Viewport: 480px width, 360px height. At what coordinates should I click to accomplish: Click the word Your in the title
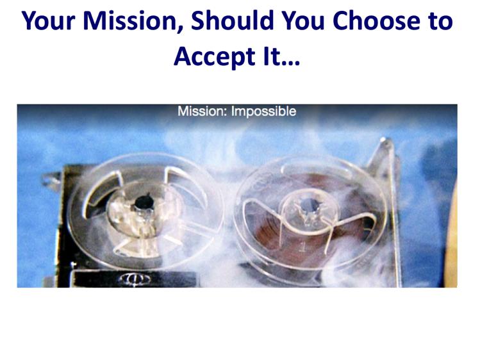coord(48,20)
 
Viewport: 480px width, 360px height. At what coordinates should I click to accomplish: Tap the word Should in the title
coord(232,20)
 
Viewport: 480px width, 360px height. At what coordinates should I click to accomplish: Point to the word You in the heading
coord(302,20)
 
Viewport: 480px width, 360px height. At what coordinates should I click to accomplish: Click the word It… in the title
coord(281,56)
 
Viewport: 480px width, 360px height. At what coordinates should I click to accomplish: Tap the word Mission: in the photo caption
coord(203,111)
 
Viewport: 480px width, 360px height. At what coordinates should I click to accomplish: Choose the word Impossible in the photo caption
coord(263,111)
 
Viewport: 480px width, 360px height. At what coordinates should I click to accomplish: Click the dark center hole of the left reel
coord(144,202)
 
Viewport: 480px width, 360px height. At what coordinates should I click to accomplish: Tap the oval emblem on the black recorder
coord(135,279)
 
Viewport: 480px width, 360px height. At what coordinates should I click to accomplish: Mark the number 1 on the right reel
coord(302,247)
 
